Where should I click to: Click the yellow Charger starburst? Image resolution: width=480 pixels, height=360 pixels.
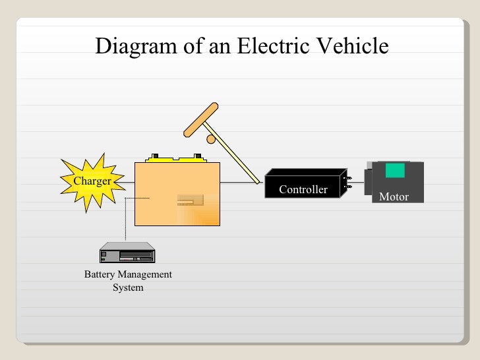pyautogui.click(x=92, y=181)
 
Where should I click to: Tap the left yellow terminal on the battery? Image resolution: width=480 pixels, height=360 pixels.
pyautogui.click(x=155, y=158)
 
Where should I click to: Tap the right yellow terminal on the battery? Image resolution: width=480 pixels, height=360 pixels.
pyautogui.click(x=197, y=158)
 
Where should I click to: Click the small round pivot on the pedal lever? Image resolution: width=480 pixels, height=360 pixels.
pyautogui.click(x=211, y=139)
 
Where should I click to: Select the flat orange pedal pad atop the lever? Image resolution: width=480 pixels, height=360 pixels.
pyautogui.click(x=200, y=119)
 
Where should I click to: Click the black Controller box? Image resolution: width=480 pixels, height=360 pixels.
pyautogui.click(x=304, y=183)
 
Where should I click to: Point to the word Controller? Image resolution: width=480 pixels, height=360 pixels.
pyautogui.click(x=303, y=190)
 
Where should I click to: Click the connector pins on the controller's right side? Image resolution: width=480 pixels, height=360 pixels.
pyautogui.click(x=348, y=183)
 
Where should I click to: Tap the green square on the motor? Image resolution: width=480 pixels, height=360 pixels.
pyautogui.click(x=395, y=170)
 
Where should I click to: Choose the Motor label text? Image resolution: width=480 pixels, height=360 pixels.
pyautogui.click(x=394, y=196)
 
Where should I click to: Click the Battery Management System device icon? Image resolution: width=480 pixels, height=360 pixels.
pyautogui.click(x=127, y=253)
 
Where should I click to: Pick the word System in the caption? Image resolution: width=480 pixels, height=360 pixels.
pyautogui.click(x=128, y=287)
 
